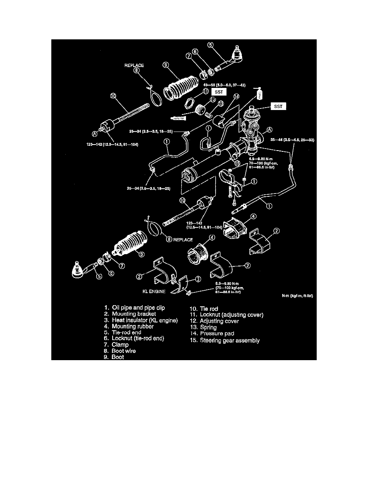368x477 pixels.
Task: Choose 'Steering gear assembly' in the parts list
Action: pos(224,340)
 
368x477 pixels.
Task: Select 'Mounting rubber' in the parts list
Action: pos(133,326)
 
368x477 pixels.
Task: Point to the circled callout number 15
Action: pos(238,163)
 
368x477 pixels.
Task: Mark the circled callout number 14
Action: pos(236,96)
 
